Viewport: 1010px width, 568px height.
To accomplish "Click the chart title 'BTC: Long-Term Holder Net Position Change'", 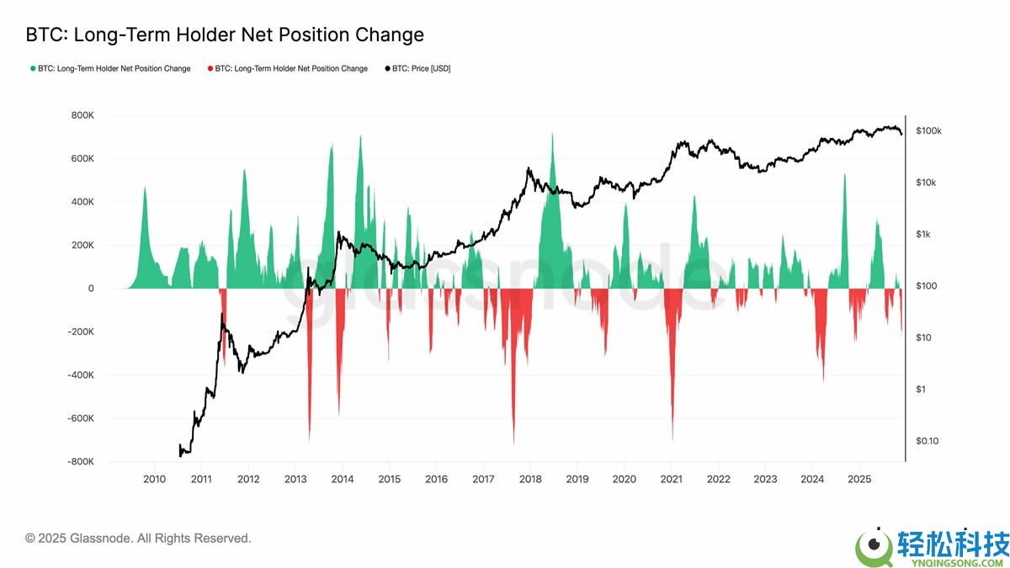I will point(225,35).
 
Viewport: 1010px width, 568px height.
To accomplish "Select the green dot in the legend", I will point(33,69).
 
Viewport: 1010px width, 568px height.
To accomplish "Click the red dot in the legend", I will point(210,69).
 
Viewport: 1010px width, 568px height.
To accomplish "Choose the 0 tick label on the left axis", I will point(90,289).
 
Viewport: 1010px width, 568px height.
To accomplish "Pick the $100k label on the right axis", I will point(928,131).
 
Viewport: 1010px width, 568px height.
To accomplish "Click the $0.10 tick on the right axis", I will point(928,441).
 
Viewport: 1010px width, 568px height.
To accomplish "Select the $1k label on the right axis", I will point(923,235).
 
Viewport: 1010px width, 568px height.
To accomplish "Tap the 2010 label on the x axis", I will point(154,479).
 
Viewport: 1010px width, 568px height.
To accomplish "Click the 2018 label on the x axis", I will point(530,479).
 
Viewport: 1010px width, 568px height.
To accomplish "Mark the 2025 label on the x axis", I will point(859,479).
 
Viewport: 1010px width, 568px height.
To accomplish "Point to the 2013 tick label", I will point(295,479).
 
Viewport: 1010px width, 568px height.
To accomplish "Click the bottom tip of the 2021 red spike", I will point(672,439).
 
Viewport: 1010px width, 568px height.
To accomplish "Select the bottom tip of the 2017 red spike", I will point(513,443).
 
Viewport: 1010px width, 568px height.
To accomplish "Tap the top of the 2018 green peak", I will point(552,133).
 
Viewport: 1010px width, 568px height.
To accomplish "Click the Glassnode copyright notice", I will point(138,538).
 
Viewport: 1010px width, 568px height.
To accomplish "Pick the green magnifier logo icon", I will point(874,549).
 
